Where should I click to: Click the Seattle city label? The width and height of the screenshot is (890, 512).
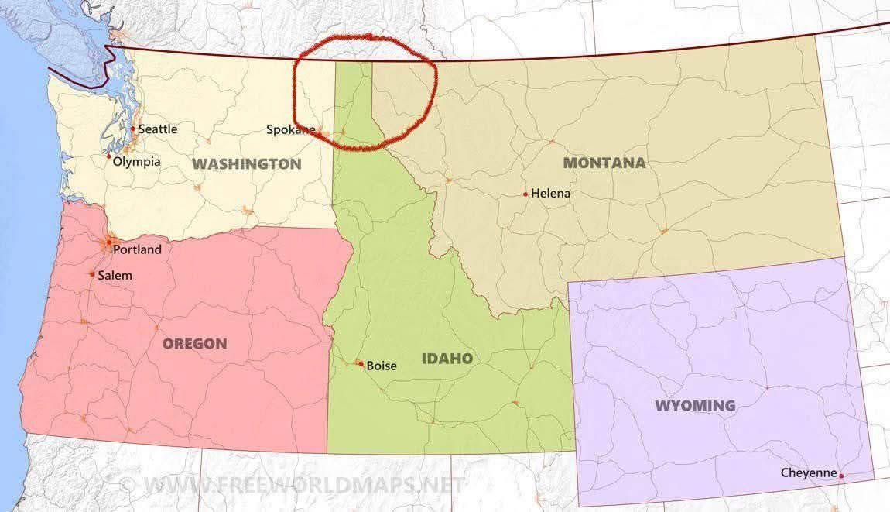[157, 129]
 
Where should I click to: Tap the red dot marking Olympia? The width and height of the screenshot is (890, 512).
[109, 156]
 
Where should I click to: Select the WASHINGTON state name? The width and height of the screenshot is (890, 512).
[246, 164]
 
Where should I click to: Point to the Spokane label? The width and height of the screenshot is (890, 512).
[289, 130]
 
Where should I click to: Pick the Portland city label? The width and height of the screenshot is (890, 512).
[137, 249]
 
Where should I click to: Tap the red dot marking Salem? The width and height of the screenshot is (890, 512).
[92, 273]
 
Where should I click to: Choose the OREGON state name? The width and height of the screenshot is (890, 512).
[194, 343]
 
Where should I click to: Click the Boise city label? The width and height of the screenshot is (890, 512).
[381, 366]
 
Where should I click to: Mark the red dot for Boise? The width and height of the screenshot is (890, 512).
[361, 363]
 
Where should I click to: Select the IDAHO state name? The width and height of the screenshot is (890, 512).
[447, 359]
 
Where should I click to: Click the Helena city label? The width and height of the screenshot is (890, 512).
[550, 194]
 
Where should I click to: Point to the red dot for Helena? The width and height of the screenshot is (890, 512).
[525, 194]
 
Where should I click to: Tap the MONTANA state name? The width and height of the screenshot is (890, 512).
[604, 163]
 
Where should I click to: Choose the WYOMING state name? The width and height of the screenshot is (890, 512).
[694, 406]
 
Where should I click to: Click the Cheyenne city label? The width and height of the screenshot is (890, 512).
[808, 472]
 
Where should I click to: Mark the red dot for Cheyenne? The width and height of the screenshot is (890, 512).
[841, 475]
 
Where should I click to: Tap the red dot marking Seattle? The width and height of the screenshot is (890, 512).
[132, 129]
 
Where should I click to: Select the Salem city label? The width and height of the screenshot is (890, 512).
[115, 275]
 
